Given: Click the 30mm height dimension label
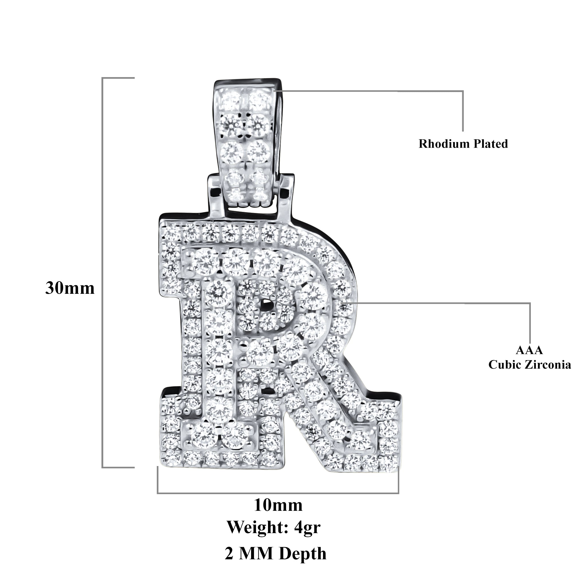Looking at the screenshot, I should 70,288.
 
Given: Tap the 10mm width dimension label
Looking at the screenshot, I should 278,505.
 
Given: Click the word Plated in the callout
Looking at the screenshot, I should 490,144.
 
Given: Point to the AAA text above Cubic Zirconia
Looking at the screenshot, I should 529,350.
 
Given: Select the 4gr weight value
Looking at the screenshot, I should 308,528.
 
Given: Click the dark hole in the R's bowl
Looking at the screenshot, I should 267,304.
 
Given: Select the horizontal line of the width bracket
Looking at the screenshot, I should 278,493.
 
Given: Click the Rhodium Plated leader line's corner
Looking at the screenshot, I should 463,91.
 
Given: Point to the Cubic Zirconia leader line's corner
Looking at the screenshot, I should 530,303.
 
